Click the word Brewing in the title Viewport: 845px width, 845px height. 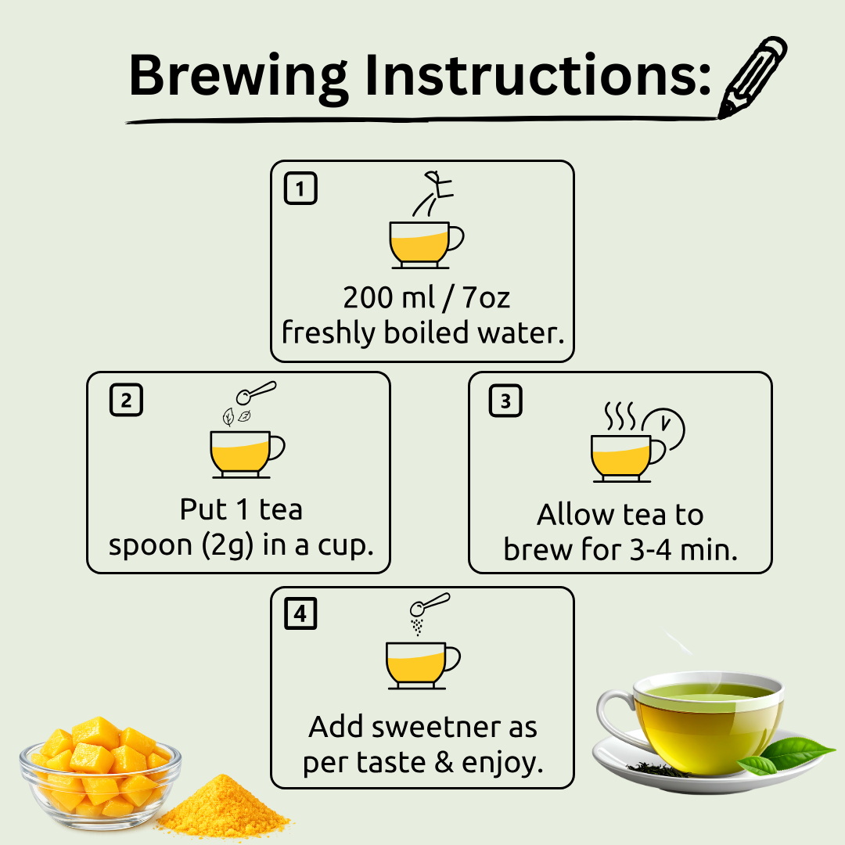pos(238,77)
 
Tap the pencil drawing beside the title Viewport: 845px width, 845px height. pos(753,77)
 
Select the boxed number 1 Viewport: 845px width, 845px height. pos(300,188)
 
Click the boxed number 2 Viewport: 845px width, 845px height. pos(126,400)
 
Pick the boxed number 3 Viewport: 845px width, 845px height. pos(505,401)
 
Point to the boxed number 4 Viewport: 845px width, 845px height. pos(300,613)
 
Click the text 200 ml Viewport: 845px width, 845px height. pos(389,297)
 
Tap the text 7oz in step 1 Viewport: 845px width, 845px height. pos(486,297)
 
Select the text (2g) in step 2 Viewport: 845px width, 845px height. pos(227,545)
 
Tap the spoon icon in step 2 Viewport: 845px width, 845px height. pos(256,392)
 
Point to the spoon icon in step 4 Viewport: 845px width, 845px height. pos(430,604)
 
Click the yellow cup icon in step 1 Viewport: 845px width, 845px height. pos(426,245)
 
